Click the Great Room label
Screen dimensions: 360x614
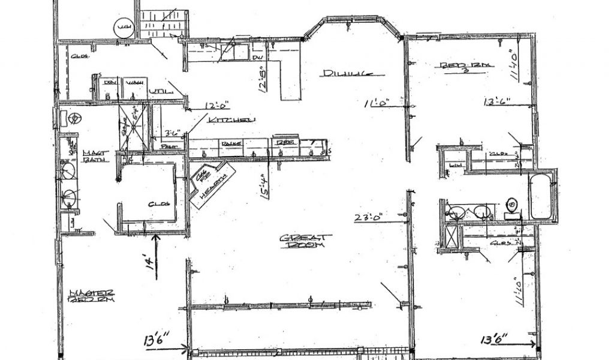pos(303,241)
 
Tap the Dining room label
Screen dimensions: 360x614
pos(345,74)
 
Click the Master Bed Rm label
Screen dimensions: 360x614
pos(92,296)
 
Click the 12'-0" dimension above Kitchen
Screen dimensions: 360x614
pos(218,106)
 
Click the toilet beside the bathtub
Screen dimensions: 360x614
pos(511,205)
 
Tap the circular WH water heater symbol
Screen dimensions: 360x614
pos(124,28)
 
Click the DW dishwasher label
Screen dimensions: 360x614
pos(257,57)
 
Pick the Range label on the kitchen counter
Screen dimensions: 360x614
pos(231,144)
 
